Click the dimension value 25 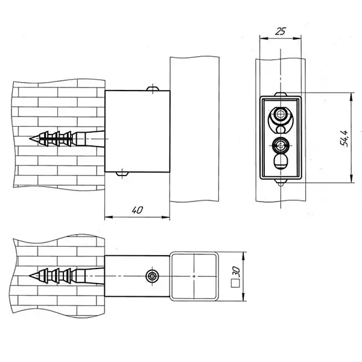coord(281,31)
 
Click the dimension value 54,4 coord(344,138)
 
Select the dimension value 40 coord(138,210)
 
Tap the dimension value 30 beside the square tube coord(236,273)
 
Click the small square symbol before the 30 coord(235,284)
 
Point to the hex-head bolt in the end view coord(281,114)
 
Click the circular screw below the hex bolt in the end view coord(281,145)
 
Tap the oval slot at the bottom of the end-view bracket coord(281,161)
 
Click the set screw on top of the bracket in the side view coord(153,89)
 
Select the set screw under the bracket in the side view coord(122,174)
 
